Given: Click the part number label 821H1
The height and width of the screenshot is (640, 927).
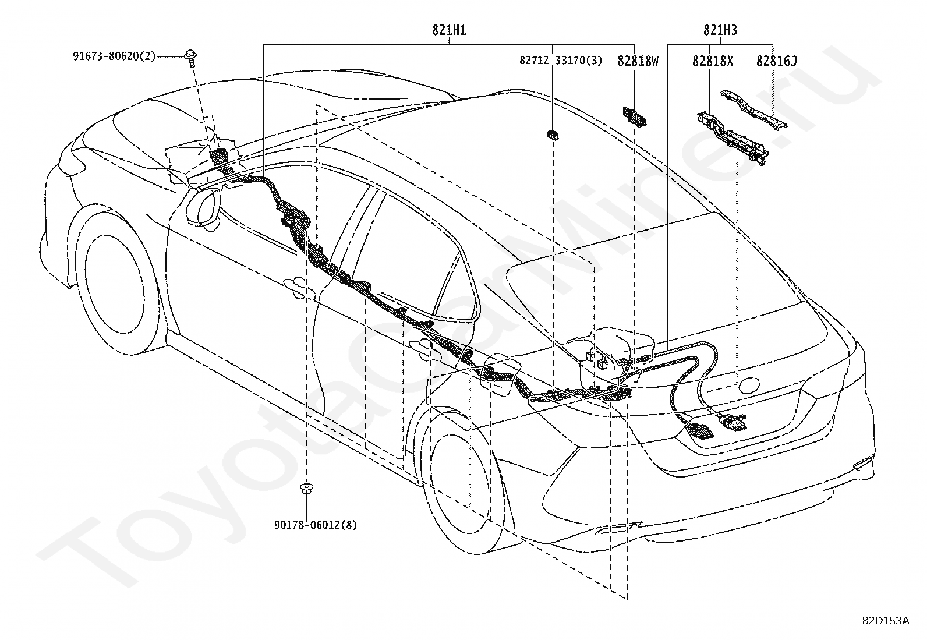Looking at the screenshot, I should [448, 30].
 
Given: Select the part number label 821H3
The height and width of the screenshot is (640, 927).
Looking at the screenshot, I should [720, 30].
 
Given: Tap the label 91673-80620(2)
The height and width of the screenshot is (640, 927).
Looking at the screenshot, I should [114, 56].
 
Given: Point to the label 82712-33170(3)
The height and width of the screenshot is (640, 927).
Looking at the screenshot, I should [561, 60].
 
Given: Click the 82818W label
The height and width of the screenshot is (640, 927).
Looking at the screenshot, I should [638, 60].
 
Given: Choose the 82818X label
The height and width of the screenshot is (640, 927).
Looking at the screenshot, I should [712, 60].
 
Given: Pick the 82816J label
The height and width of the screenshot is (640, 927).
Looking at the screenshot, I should [777, 60].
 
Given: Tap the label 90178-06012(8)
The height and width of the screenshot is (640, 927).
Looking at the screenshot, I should [315, 525].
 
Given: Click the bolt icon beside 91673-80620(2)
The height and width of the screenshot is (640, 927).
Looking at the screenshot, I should [190, 56].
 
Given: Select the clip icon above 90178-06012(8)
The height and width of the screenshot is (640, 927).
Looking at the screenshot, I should [305, 487].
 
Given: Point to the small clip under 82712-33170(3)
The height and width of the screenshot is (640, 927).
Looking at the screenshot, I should [552, 135].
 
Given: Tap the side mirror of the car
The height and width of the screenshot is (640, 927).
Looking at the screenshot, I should [204, 205].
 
